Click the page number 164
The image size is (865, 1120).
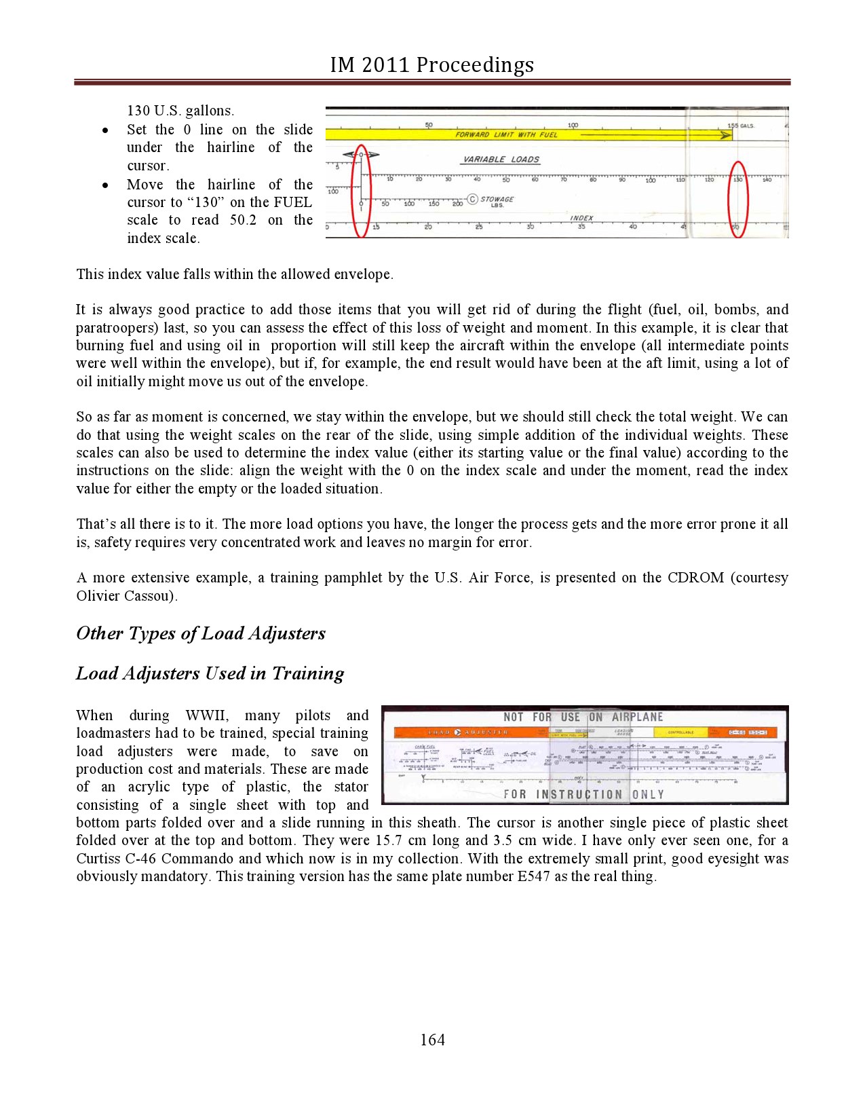point(432,1039)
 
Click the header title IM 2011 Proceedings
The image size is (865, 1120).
point(432,64)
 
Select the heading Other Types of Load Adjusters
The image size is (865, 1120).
point(201,633)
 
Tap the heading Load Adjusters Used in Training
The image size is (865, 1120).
point(210,673)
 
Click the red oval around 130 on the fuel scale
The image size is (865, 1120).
point(737,199)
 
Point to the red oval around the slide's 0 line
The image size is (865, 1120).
point(362,191)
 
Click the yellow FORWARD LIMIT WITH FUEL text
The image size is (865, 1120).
point(506,134)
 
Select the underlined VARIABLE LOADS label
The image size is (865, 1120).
point(501,160)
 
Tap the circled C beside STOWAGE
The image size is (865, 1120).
point(473,200)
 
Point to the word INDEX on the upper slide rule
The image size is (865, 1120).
point(581,218)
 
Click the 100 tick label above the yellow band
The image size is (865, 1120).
point(573,126)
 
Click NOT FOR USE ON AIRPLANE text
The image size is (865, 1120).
point(583,717)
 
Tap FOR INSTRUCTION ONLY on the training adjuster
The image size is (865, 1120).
point(583,794)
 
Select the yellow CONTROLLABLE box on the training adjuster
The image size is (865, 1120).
point(680,732)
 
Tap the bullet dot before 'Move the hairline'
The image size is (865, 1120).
point(105,185)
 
